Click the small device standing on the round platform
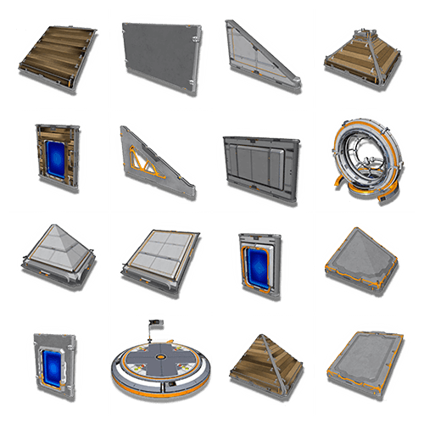(x=155, y=326)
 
